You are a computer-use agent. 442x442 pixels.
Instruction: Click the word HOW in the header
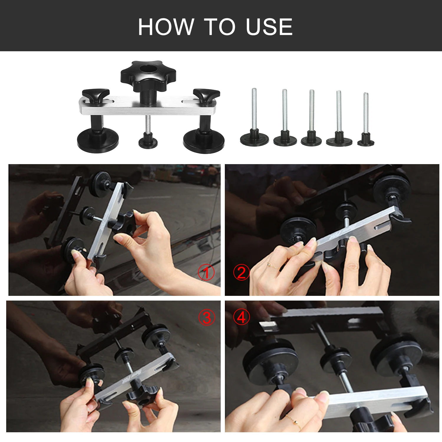click(x=166, y=27)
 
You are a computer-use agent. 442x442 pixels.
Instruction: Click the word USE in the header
click(x=269, y=27)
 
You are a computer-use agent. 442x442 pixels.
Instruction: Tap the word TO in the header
click(x=220, y=27)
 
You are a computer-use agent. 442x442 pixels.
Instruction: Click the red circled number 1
click(x=206, y=272)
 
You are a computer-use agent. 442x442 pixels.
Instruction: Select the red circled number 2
click(x=241, y=272)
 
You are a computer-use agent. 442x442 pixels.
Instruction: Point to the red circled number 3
click(x=207, y=318)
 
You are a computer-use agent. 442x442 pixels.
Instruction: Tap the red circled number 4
click(x=241, y=318)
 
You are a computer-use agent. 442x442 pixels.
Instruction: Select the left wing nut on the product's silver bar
click(x=95, y=95)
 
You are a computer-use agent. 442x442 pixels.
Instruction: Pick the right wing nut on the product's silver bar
click(x=206, y=95)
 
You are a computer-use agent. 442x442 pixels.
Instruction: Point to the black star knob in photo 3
click(x=141, y=395)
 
